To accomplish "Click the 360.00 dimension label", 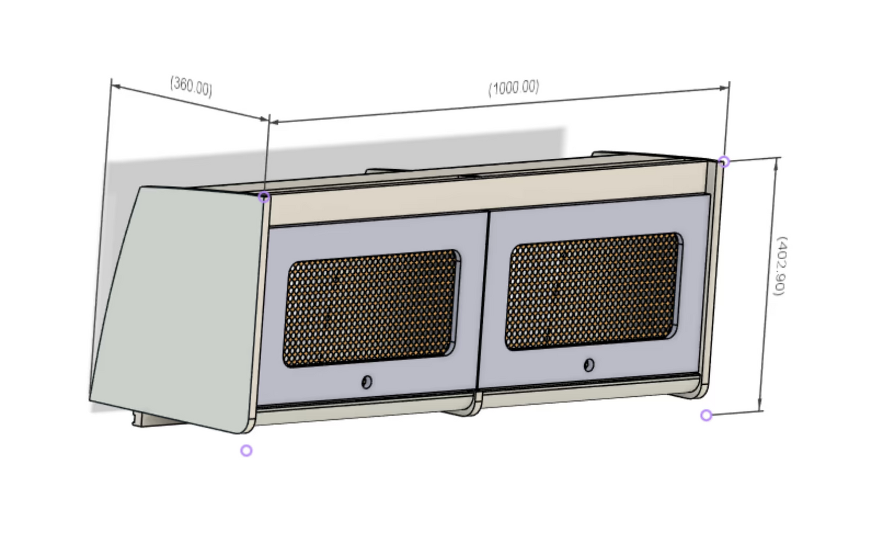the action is click(x=191, y=86).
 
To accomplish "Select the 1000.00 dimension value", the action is click(x=514, y=88).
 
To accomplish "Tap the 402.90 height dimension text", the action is click(x=779, y=266).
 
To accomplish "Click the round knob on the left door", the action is click(x=366, y=382).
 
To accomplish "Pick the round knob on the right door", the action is click(x=589, y=365).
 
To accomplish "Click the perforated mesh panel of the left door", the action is click(x=371, y=308).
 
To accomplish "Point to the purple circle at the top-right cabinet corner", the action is click(x=724, y=162).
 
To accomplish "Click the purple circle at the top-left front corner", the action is click(x=264, y=197).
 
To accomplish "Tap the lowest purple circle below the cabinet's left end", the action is click(x=246, y=451).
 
